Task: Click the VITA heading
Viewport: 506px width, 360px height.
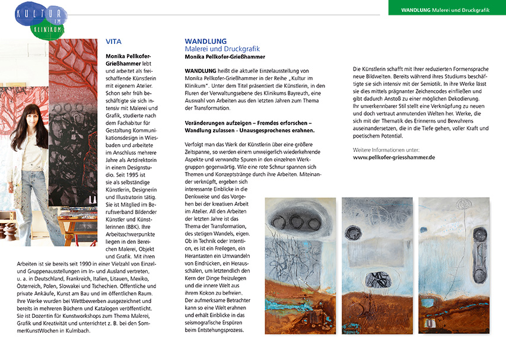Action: pos(113,42)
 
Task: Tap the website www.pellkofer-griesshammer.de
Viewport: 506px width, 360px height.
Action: pos(394,158)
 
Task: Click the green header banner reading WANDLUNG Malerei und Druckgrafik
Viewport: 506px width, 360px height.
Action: pos(447,10)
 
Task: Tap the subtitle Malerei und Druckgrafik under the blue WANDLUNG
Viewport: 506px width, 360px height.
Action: pos(222,49)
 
